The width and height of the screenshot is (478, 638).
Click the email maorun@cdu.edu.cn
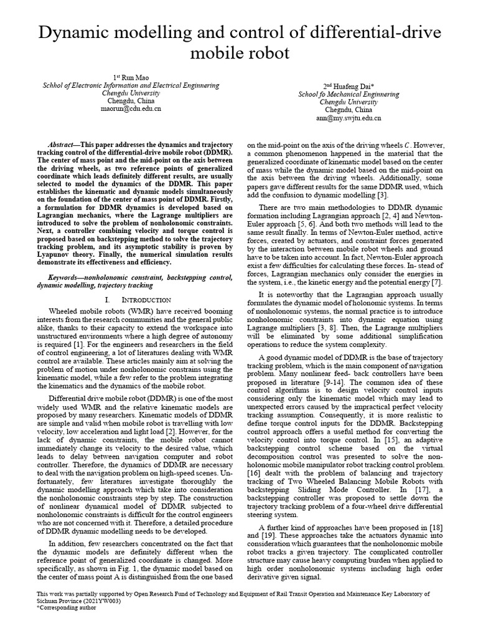tap(131, 108)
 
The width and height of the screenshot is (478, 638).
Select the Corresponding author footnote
tap(67, 607)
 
